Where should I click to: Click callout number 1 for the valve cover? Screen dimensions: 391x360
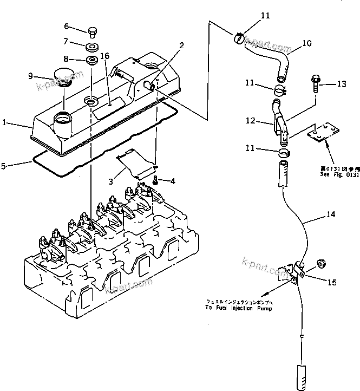coord(4,123)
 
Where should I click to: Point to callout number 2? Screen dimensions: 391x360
coord(182,46)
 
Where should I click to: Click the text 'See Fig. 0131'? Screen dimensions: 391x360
coord(331,174)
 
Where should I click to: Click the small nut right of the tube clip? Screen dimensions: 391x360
coord(320,264)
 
